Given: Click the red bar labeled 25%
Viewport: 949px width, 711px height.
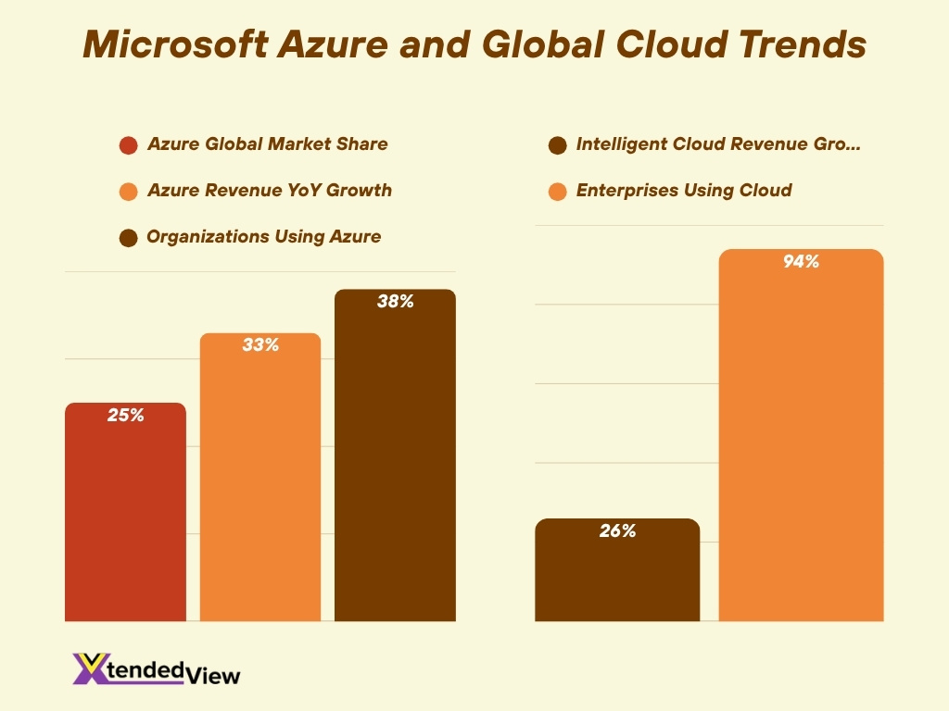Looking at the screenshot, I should click(125, 518).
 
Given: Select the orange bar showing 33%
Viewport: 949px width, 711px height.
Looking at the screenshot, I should click(260, 481).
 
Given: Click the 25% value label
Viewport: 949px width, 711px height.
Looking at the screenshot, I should click(125, 416).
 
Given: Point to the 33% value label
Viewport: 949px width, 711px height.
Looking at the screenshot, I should click(260, 345).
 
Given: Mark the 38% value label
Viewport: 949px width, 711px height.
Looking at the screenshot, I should click(395, 301).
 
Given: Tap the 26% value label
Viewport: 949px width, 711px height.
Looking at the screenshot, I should click(617, 531).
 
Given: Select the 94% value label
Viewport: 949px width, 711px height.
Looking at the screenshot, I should click(801, 262).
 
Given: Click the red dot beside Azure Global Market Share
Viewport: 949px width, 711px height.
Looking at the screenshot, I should click(129, 145).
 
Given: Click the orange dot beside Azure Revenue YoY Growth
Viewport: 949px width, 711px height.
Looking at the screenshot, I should click(129, 192).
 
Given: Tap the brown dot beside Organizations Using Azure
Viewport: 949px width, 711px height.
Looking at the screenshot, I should click(129, 238).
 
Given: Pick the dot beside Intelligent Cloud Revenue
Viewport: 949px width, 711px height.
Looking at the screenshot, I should click(557, 145).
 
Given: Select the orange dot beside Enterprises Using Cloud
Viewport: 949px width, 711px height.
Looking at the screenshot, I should click(557, 192).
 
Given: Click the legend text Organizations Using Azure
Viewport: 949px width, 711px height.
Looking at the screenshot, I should click(263, 237).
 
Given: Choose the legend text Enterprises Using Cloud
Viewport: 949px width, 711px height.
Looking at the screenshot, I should click(684, 191).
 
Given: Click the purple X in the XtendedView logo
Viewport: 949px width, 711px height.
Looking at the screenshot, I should click(91, 668).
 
